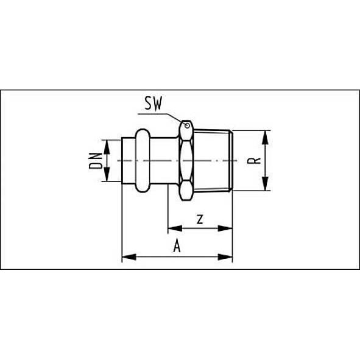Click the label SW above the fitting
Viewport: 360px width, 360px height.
(x=153, y=104)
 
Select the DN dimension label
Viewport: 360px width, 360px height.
(x=96, y=160)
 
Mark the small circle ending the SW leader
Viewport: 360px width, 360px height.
(x=186, y=127)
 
